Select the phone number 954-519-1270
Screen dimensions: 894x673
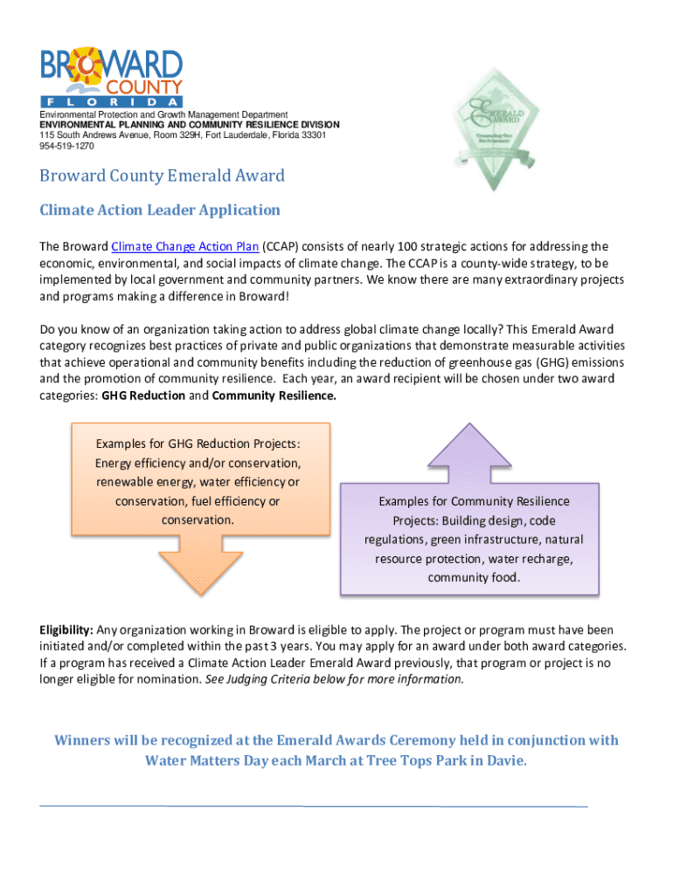click(x=66, y=147)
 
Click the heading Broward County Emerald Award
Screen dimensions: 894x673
click(x=162, y=175)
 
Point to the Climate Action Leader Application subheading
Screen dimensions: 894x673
click(x=160, y=210)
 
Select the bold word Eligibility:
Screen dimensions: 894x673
click(x=66, y=629)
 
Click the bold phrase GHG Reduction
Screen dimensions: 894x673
click(x=143, y=395)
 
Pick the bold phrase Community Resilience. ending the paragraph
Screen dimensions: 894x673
click(x=274, y=395)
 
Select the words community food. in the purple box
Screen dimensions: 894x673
click(x=473, y=577)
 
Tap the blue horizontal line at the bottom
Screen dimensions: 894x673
click(x=314, y=806)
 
